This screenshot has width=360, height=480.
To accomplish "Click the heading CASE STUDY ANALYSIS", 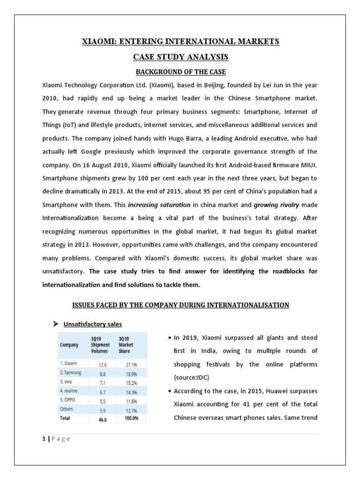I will [180, 57].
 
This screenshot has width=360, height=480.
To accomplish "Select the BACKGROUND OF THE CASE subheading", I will [180, 72].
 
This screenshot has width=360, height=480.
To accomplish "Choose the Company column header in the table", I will [70, 345].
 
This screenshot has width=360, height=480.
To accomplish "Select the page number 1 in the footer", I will [44, 438].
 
